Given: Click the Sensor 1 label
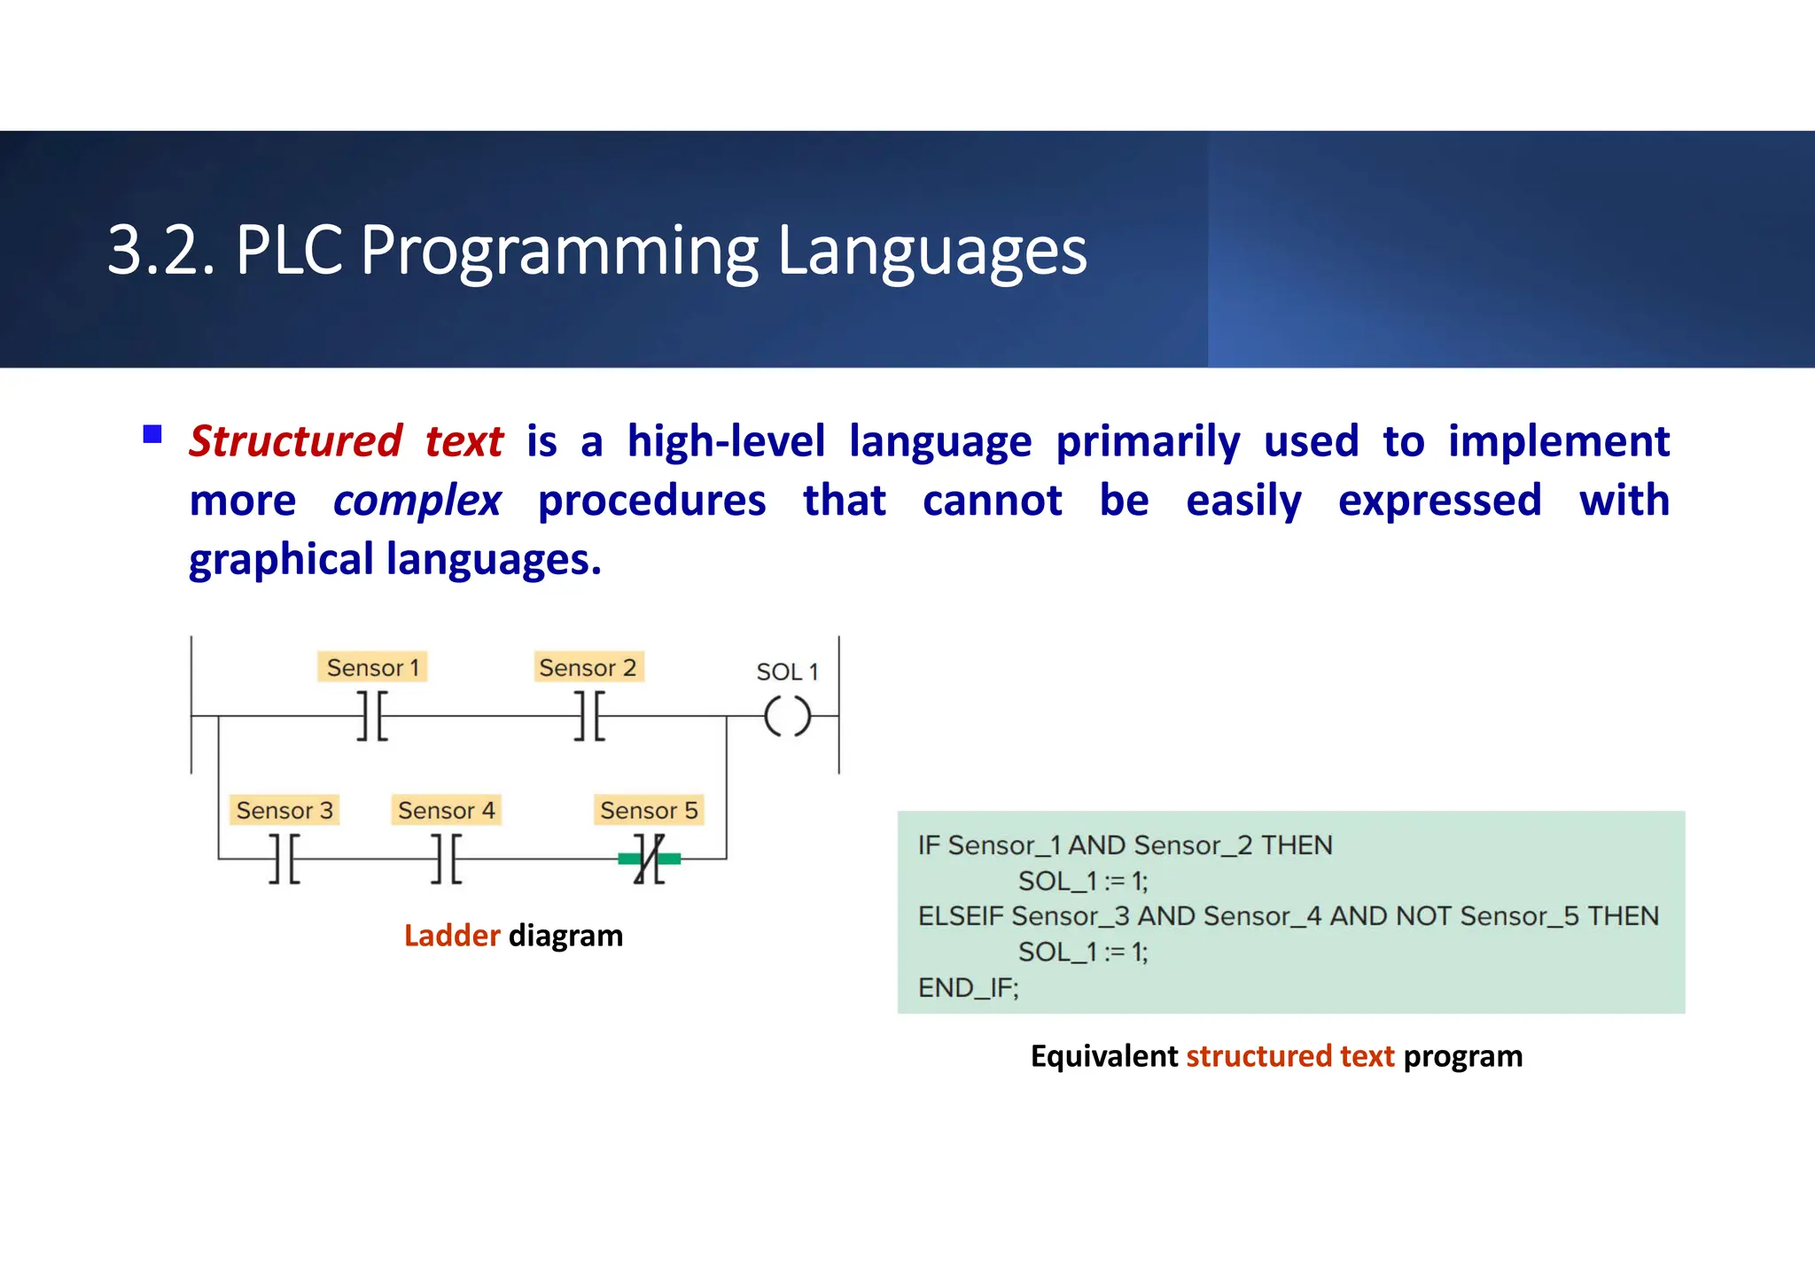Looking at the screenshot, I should [x=372, y=667].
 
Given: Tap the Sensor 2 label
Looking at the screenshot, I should [x=588, y=667].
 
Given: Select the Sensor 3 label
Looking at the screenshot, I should [x=284, y=810].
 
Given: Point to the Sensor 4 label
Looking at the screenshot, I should [x=446, y=810].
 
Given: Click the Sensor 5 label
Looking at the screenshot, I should [x=649, y=810].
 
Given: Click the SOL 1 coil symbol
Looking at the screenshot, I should [x=787, y=716].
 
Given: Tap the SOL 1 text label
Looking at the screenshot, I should [x=786, y=672].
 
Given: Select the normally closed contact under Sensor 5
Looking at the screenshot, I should [x=649, y=859].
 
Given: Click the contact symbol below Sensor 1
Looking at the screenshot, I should [x=372, y=716].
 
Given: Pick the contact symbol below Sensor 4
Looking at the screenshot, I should [x=446, y=859].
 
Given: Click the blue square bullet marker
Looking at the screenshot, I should [x=152, y=434].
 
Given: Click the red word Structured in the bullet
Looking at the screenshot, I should [x=296, y=441].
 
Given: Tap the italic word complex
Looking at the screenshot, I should [x=417, y=501].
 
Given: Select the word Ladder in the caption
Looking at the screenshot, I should [x=452, y=936].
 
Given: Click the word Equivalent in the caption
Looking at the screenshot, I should [x=1103, y=1056].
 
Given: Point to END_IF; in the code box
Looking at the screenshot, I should [x=968, y=987].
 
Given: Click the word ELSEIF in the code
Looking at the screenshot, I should [x=961, y=916].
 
